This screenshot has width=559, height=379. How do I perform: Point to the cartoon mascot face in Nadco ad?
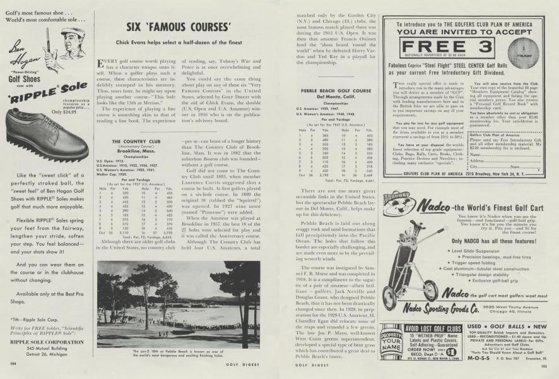click(x=398, y=206)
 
